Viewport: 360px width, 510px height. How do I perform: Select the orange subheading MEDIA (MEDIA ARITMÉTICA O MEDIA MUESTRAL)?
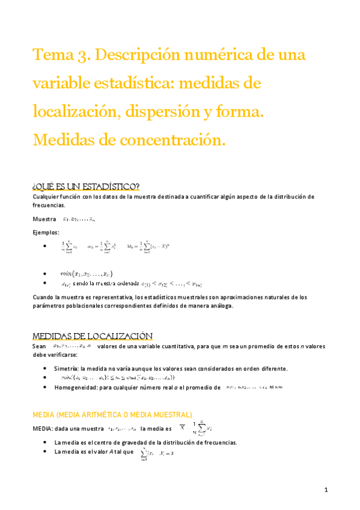112,414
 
